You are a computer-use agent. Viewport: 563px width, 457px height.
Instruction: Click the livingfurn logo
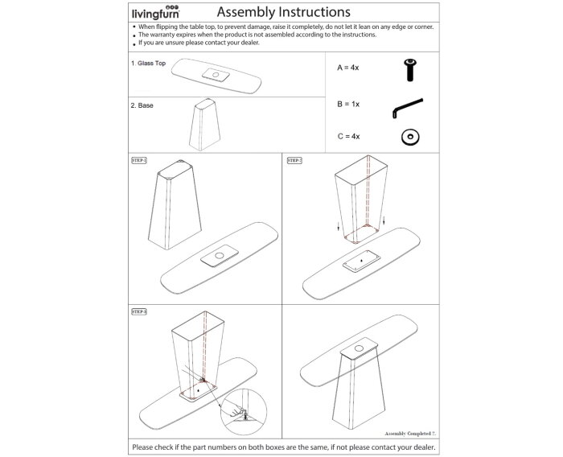[x=155, y=12]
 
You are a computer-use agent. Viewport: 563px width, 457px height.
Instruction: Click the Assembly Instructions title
[x=283, y=12]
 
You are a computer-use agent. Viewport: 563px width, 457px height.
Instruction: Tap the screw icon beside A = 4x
[x=410, y=70]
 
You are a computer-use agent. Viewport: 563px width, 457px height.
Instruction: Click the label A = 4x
[x=348, y=70]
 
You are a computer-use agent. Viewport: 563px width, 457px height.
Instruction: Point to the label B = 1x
[x=348, y=105]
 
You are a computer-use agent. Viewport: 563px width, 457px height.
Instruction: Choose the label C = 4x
[x=348, y=137]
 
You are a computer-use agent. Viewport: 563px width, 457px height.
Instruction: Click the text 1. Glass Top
[x=148, y=63]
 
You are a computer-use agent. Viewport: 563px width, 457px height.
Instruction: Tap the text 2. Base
[x=142, y=105]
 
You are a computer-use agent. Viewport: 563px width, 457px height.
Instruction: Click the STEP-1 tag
[x=139, y=160]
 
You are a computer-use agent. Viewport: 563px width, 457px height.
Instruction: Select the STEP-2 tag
[x=294, y=160]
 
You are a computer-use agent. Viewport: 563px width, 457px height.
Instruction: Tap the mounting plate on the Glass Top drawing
[x=215, y=75]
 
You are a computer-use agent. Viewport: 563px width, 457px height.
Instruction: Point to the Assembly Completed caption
[x=408, y=432]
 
